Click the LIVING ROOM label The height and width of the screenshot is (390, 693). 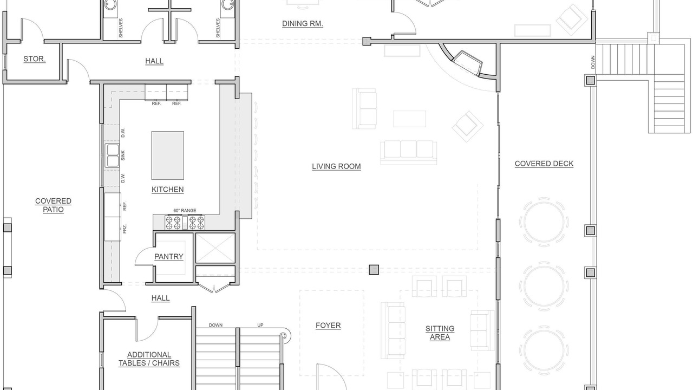tap(336, 166)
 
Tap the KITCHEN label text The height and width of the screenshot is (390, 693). tap(167, 190)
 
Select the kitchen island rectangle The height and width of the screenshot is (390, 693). tap(168, 155)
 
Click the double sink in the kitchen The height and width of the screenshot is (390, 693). tap(112, 155)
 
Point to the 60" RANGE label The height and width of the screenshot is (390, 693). tap(185, 211)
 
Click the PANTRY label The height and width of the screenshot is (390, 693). tap(168, 256)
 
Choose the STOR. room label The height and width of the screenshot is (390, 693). tap(34, 59)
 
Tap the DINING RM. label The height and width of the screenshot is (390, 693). tap(303, 23)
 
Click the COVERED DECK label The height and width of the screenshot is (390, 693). tap(544, 164)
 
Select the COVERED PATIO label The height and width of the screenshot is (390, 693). tap(53, 205)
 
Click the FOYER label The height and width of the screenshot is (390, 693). tap(328, 326)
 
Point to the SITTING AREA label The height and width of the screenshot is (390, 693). tap(440, 333)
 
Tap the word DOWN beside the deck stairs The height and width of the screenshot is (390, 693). tap(593, 62)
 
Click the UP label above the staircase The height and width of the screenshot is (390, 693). tap(260, 325)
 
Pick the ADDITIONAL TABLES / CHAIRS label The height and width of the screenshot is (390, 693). tap(149, 359)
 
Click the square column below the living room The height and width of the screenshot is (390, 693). tap(374, 270)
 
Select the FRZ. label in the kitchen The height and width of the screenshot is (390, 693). tap(125, 229)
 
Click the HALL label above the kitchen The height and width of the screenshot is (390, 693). tap(154, 61)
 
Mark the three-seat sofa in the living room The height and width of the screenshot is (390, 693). tap(409, 152)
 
